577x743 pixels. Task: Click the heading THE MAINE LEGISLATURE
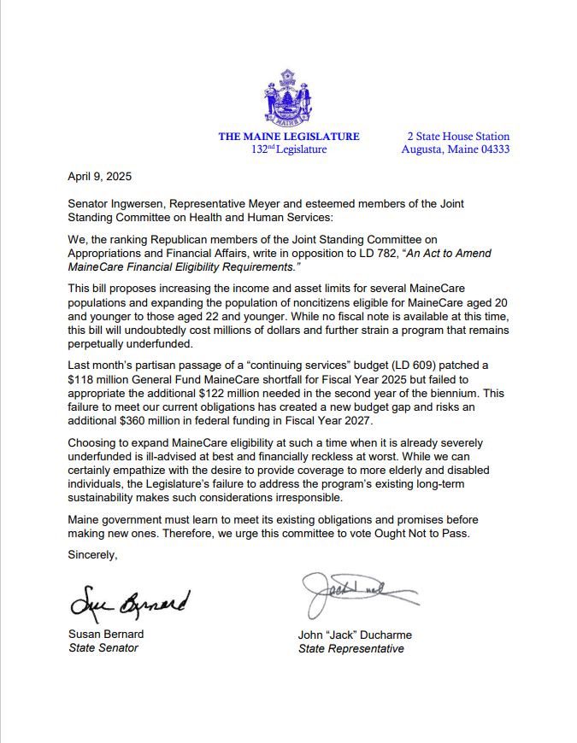click(x=289, y=137)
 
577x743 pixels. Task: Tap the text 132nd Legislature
click(x=289, y=149)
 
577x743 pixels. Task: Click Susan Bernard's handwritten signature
click(x=130, y=602)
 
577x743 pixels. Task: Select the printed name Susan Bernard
click(x=107, y=635)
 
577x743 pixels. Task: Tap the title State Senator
click(x=103, y=648)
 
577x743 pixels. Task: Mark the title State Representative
click(x=350, y=649)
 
